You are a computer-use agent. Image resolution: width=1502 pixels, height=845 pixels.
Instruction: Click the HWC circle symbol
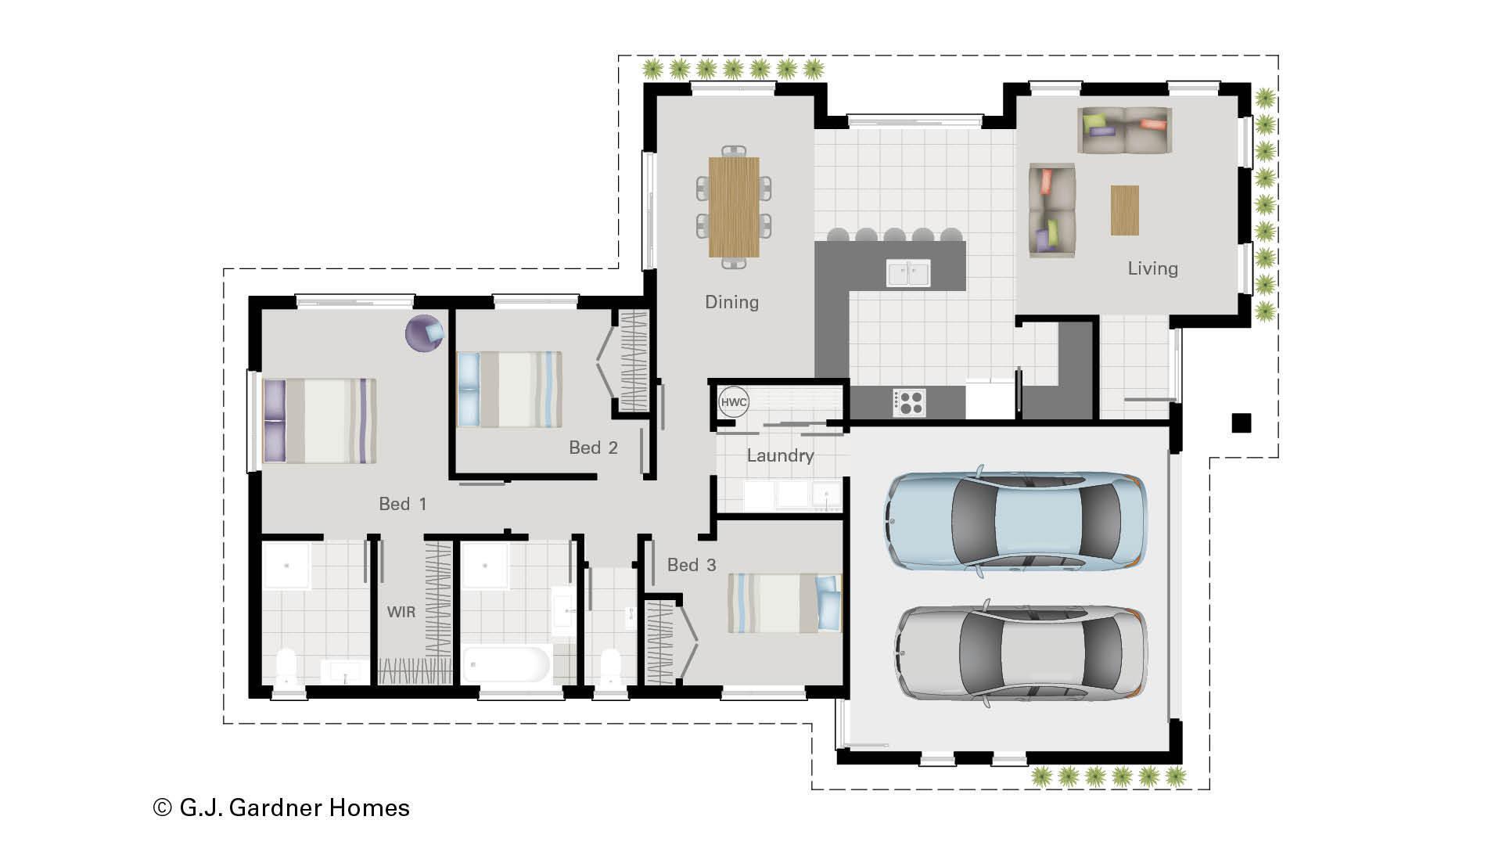(x=734, y=403)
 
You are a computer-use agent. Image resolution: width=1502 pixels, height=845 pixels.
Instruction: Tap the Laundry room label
(x=780, y=455)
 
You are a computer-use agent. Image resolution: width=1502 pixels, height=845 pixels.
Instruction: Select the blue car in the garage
(x=1015, y=520)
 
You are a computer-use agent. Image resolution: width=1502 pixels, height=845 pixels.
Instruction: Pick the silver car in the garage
(x=1021, y=653)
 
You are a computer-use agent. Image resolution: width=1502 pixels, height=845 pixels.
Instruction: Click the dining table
(x=734, y=207)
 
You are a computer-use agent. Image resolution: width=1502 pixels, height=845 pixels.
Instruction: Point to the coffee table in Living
(x=1124, y=210)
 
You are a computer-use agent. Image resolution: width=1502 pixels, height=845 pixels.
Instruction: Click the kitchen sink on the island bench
(x=908, y=274)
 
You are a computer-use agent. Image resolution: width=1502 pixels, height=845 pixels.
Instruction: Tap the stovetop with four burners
(x=908, y=403)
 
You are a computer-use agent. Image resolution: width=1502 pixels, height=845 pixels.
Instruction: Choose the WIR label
(x=401, y=612)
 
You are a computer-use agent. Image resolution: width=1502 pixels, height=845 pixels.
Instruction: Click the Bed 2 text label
(x=593, y=448)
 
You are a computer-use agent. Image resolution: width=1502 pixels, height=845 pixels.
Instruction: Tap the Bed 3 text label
(x=692, y=565)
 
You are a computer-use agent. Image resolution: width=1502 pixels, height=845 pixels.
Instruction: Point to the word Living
(x=1152, y=268)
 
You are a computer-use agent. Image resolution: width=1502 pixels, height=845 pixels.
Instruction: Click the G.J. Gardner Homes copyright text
(x=282, y=807)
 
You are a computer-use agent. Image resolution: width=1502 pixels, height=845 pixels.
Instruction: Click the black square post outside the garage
(x=1241, y=423)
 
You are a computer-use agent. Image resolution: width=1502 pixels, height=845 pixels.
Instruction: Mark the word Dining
(x=731, y=302)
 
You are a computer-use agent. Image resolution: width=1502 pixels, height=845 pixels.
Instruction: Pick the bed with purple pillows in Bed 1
(x=319, y=421)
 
